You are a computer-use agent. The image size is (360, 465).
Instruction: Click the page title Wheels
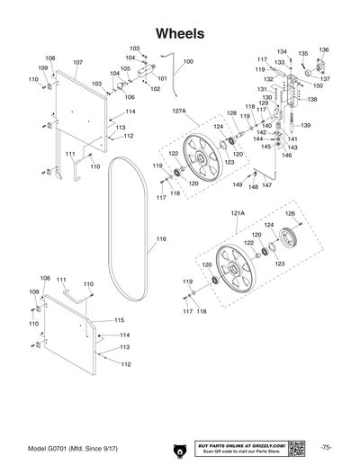click(180, 32)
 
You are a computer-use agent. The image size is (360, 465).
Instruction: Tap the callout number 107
click(77, 63)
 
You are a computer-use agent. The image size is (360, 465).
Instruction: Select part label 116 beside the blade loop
click(161, 239)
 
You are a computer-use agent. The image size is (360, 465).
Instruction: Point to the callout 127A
click(177, 112)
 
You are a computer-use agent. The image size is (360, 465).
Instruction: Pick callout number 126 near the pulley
click(290, 213)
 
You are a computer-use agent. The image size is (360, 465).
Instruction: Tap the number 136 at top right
click(324, 50)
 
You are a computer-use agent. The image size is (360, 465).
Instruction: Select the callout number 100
click(187, 62)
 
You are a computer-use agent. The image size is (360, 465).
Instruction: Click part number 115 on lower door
click(119, 320)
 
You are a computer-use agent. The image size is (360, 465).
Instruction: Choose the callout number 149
click(238, 184)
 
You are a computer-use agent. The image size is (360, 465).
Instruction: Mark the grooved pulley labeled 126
click(289, 239)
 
